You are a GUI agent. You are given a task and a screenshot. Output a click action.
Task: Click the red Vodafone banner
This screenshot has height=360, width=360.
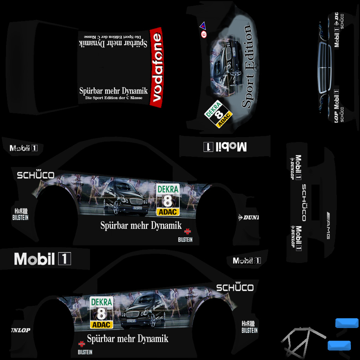[x=156, y=67]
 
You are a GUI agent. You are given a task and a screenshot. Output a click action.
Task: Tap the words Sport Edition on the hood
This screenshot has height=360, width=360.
[x=248, y=67]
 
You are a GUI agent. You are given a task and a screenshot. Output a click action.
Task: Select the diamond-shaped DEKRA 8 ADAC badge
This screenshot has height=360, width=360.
[x=219, y=114]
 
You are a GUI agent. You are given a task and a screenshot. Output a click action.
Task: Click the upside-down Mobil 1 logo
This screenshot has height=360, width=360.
[x=225, y=147]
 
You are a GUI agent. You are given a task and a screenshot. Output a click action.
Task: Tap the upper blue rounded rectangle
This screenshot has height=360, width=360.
[x=347, y=323]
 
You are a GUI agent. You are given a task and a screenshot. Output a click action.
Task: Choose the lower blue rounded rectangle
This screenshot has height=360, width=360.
[x=339, y=346]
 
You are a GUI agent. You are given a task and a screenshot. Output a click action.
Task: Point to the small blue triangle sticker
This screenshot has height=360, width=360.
[x=202, y=26]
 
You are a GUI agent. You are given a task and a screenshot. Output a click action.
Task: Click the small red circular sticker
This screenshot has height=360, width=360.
[x=203, y=34]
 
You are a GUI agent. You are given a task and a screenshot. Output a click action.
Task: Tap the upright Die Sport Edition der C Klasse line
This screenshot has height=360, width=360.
[x=114, y=98]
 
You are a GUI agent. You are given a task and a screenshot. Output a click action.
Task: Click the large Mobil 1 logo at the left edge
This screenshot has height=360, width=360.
[x=43, y=259]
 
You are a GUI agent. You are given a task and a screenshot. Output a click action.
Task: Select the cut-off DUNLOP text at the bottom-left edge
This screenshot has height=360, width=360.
[x=20, y=330]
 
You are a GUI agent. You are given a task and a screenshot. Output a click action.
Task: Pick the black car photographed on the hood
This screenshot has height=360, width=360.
[x=225, y=65]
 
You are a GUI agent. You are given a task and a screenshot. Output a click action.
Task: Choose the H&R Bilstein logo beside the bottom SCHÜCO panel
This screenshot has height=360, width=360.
[x=249, y=327]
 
